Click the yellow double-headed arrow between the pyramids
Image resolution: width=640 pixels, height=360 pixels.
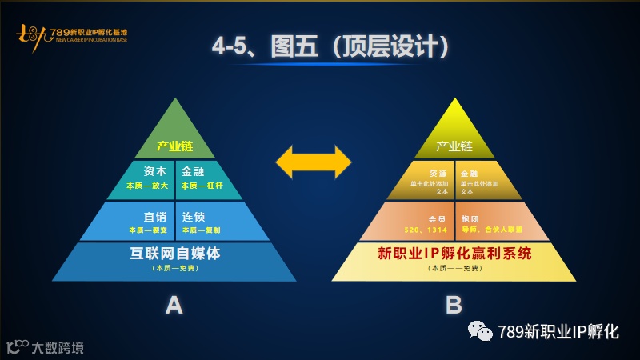point(313,162)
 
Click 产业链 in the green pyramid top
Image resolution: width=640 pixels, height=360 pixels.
point(174,147)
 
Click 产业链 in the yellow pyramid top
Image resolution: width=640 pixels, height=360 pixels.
point(454,147)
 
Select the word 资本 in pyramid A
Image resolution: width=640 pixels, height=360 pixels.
point(154,172)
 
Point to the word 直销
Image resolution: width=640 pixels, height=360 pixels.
point(154,216)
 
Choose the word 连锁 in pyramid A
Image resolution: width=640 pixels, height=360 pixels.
point(194,216)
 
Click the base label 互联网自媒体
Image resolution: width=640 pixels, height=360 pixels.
point(174,254)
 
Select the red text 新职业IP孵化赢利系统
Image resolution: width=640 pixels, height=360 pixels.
point(454,254)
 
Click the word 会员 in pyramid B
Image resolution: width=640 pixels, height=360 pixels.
point(436,218)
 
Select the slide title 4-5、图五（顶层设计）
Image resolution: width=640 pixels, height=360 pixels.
point(329,46)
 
